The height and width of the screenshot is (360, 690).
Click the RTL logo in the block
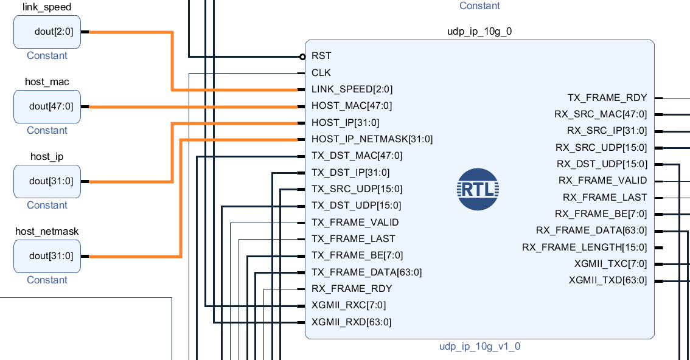tap(478, 189)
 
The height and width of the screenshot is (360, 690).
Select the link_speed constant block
tap(47, 32)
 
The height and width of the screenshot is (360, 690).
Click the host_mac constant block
tap(47, 106)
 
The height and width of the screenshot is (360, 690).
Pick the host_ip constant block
tap(47, 181)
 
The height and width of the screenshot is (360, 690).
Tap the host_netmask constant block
tap(47, 256)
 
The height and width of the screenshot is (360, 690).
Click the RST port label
tap(321, 56)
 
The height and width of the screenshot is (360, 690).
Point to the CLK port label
tap(321, 72)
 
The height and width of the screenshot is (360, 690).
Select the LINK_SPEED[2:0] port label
tap(352, 89)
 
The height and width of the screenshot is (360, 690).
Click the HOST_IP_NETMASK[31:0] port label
tap(372, 139)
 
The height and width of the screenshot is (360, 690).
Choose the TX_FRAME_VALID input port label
tap(355, 223)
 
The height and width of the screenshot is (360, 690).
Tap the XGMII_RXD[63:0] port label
tap(351, 322)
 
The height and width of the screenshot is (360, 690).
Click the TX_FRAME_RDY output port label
tap(607, 98)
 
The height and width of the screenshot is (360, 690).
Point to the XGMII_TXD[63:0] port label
tap(607, 280)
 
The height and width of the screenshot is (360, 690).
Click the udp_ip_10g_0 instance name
tap(479, 31)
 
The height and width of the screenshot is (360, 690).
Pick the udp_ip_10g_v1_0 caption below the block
tap(479, 347)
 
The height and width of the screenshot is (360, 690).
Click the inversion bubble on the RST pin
tap(302, 57)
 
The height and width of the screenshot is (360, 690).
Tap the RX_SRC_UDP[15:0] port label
tap(601, 148)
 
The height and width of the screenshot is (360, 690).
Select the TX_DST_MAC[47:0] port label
tap(357, 156)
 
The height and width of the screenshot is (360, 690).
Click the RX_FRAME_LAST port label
tap(605, 198)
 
